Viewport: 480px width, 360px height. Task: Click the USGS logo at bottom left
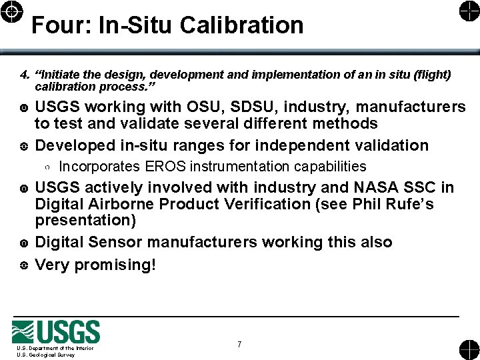56,331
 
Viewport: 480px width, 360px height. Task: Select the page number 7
239,345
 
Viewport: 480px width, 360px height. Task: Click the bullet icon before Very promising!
24,265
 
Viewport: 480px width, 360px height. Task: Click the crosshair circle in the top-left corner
14,11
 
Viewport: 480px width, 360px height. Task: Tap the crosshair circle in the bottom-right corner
467,349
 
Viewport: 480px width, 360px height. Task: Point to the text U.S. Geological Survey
46,355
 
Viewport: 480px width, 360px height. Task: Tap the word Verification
265,204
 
